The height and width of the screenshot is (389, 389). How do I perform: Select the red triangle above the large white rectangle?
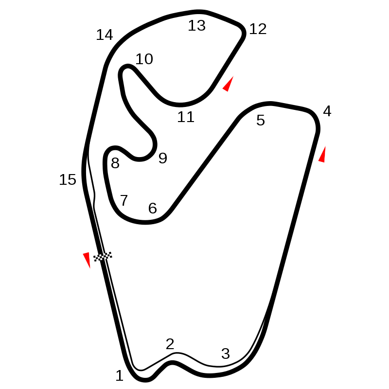(x=322, y=156)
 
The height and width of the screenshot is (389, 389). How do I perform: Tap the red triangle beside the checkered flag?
(x=87, y=260)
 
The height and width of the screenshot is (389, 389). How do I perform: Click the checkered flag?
(x=103, y=256)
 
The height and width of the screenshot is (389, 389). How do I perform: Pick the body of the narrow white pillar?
(x=227, y=107)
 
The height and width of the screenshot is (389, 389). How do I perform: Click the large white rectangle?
(x=353, y=272)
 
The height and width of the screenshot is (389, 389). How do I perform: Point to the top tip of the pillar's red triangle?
(x=234, y=75)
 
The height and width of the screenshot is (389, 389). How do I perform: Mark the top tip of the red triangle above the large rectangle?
(x=325, y=145)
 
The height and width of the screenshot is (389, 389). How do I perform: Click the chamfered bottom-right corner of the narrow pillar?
(x=232, y=123)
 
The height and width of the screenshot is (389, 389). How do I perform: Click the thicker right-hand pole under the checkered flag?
(x=97, y=266)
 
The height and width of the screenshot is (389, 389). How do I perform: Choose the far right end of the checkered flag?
(x=111, y=254)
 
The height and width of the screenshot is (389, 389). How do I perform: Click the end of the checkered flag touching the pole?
(x=95, y=258)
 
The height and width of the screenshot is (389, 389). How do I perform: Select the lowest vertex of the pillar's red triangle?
(x=225, y=91)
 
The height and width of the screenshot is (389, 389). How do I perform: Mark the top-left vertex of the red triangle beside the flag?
(x=83, y=253)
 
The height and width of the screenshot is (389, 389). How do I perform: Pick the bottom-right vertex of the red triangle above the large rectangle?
(x=325, y=162)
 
